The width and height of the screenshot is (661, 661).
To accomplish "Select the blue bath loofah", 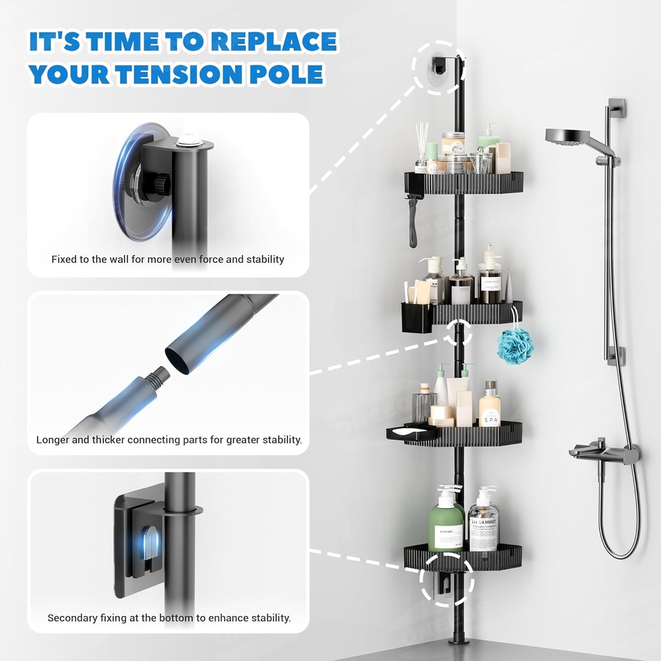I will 515,345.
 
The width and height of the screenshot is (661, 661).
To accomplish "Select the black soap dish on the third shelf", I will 411,434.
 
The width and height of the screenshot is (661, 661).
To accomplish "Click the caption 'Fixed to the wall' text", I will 168,259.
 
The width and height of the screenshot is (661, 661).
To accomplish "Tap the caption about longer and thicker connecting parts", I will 169,440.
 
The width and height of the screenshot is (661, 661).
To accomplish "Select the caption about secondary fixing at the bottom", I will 169,618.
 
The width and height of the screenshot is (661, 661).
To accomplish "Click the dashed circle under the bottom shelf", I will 446,579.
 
